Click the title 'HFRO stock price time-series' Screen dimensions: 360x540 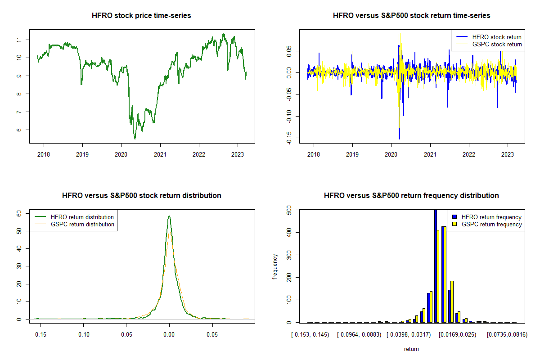[141, 16]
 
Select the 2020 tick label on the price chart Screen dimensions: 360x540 [121, 154]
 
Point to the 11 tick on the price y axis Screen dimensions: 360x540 [19, 40]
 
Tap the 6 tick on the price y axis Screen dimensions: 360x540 [19, 130]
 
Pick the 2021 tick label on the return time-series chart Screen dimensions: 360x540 [430, 154]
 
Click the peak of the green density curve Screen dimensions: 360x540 [169, 216]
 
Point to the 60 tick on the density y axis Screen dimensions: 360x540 [19, 214]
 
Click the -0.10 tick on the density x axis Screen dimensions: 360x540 [83, 334]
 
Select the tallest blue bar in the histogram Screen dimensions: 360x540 [435, 265]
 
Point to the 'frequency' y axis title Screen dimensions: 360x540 [275, 266]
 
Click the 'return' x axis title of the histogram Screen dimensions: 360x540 [411, 349]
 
